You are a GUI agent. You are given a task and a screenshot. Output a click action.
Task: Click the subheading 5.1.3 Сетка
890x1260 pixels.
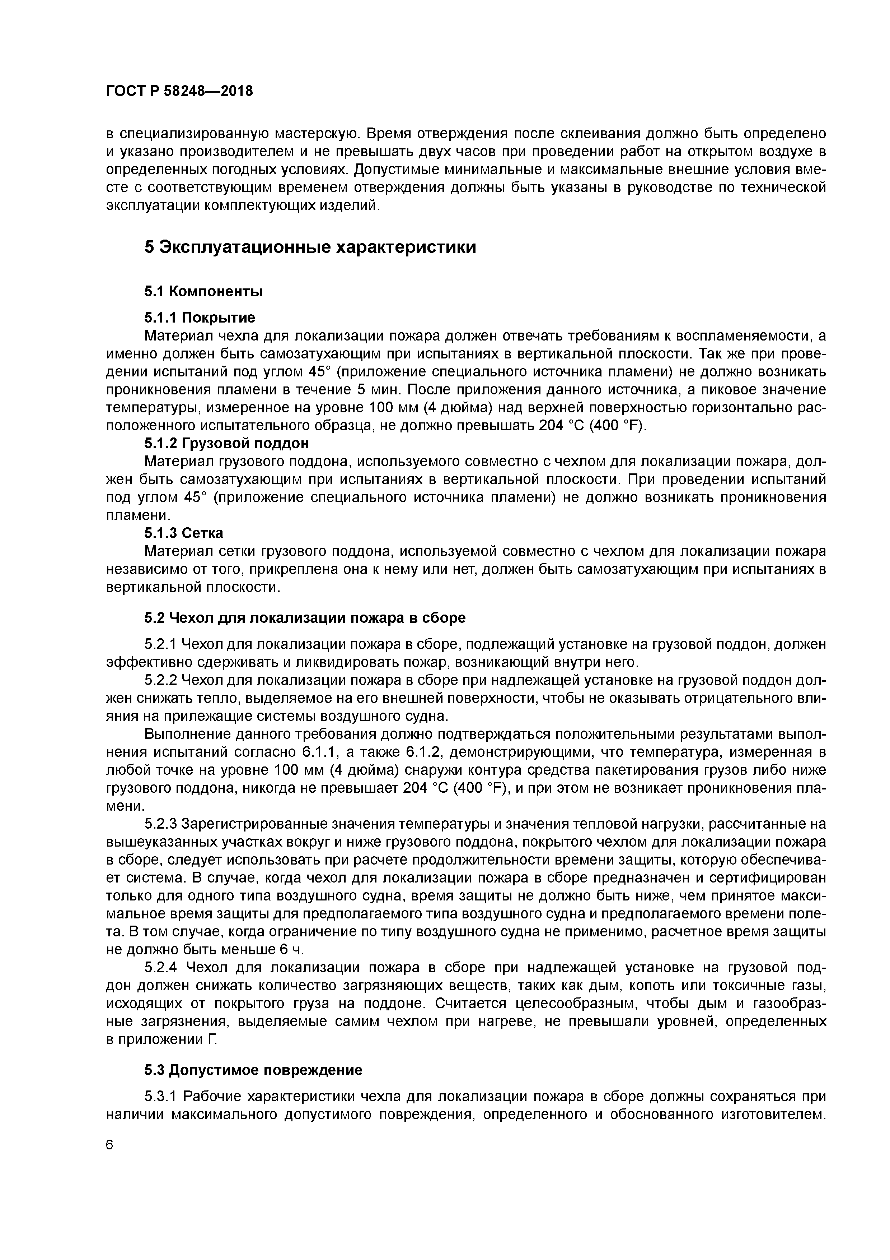click(x=184, y=533)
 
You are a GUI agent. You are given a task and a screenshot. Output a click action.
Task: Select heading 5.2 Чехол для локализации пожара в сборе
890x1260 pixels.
click(x=305, y=617)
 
